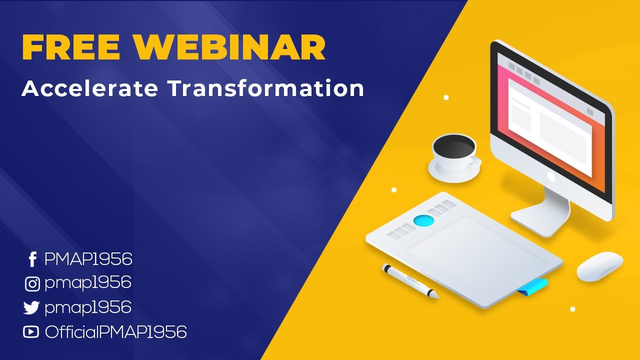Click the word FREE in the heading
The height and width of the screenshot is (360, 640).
tap(71, 47)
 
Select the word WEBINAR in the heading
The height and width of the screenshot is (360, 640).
tap(229, 47)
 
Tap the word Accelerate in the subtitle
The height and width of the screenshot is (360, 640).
tap(90, 88)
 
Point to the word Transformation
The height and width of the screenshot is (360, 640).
tap(265, 88)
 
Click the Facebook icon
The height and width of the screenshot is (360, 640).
tap(32, 259)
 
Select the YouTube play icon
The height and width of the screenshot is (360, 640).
tap(31, 331)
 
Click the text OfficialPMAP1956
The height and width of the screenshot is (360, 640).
tap(115, 331)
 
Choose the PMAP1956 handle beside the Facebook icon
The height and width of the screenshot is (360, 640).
tap(88, 259)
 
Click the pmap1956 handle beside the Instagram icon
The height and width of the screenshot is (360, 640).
tap(87, 283)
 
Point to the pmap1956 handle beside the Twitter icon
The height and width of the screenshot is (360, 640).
tap(87, 307)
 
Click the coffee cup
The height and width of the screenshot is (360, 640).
tap(454, 154)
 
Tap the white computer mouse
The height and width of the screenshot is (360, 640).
tap(599, 266)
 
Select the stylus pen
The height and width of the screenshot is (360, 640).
tap(410, 281)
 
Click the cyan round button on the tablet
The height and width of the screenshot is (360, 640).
tap(424, 220)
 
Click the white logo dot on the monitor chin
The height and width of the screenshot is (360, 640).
tap(551, 176)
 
